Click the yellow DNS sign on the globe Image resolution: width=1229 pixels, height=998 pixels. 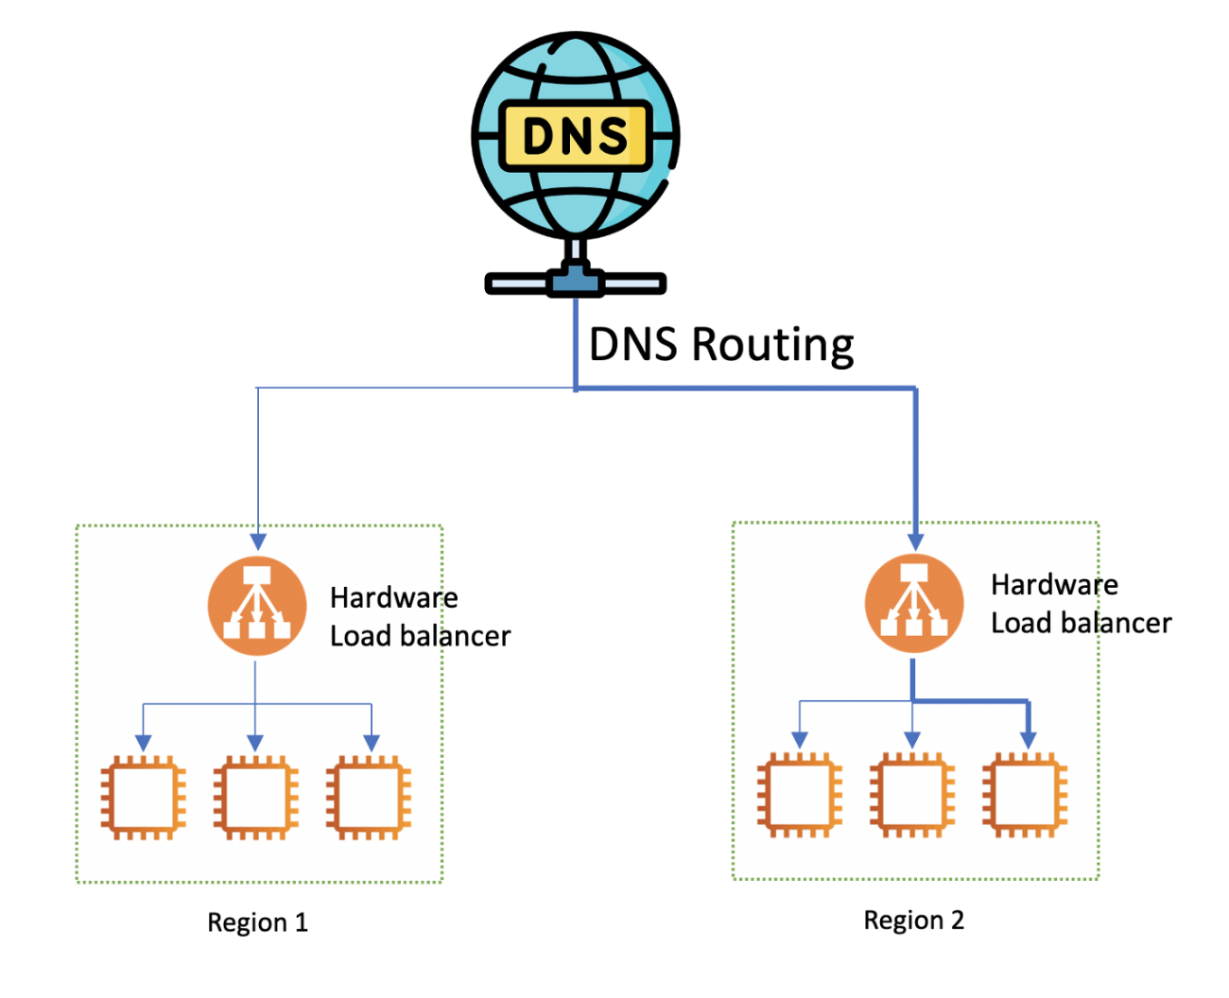(x=575, y=136)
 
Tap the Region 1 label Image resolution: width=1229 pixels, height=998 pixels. (x=257, y=922)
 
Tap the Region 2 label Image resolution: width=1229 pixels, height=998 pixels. (x=913, y=921)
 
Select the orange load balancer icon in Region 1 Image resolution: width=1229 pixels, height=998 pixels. (x=256, y=607)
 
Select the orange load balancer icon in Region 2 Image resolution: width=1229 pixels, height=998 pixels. (x=913, y=603)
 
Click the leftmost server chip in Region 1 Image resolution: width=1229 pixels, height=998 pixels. (x=144, y=797)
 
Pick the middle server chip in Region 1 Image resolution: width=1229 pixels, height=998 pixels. (x=256, y=797)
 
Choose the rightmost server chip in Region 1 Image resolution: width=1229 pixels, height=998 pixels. (x=369, y=797)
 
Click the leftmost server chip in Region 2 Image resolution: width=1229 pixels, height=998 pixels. (x=800, y=794)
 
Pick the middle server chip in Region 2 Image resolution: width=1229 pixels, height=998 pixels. (x=912, y=794)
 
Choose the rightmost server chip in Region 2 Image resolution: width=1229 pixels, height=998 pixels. (x=1025, y=794)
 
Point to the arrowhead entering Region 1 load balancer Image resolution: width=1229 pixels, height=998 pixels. (x=258, y=542)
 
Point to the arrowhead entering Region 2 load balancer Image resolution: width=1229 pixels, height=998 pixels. (x=915, y=541)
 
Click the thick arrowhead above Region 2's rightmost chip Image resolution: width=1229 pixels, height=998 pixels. (x=1029, y=739)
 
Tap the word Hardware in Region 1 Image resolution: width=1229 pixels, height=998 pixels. (x=393, y=598)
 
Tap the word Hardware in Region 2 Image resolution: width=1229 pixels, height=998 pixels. (x=1054, y=585)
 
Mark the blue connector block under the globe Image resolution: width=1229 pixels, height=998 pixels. (x=575, y=281)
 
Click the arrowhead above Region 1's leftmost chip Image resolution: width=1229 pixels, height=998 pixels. (x=144, y=742)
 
